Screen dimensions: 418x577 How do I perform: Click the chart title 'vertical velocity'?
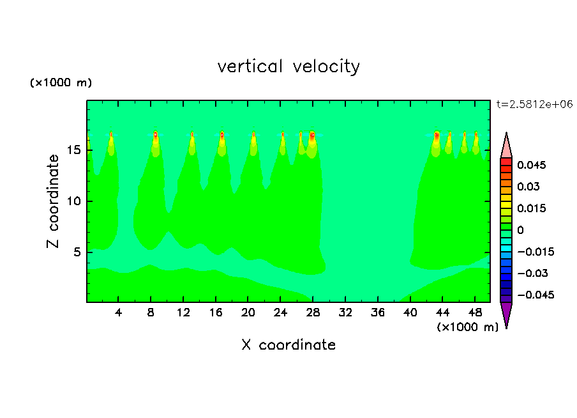coord(288,66)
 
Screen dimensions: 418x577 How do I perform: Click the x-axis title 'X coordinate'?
coord(288,345)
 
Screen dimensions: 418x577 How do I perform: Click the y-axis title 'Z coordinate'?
coord(54,201)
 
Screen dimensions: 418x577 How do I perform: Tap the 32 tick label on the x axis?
coord(345,313)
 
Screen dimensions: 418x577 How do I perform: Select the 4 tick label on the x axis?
coord(119,313)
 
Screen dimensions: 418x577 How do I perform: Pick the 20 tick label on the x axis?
coord(248,313)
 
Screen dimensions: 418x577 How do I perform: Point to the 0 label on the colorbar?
coord(521,230)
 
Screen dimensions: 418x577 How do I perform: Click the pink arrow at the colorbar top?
coord(506,146)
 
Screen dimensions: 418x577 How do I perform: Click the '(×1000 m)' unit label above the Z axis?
coord(61,83)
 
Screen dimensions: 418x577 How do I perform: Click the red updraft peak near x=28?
coord(312,135)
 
